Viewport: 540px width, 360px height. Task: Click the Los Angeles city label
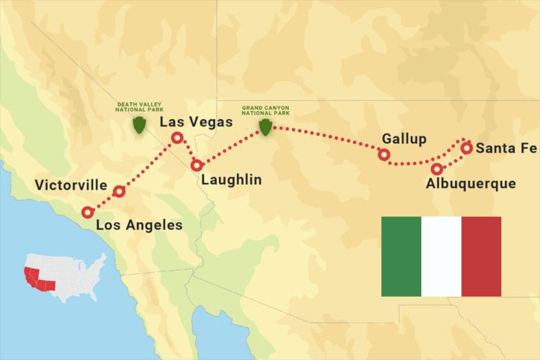point(139,225)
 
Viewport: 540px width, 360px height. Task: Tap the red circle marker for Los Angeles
point(87,212)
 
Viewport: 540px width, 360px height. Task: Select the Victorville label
point(71,185)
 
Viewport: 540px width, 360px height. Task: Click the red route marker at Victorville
point(118,192)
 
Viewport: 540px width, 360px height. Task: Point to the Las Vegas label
point(196,122)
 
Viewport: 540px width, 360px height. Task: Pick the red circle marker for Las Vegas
point(177,138)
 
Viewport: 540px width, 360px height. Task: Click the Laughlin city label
point(231,180)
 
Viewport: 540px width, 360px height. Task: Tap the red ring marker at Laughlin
point(196,165)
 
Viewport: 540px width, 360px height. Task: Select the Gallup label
point(404,139)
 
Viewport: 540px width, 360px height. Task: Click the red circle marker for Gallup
point(383,155)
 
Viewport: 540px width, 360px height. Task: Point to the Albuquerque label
point(471,184)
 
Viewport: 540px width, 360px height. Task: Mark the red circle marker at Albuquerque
point(436,169)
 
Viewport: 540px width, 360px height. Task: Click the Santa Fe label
point(506,148)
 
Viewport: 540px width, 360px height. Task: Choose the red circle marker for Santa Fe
point(467,148)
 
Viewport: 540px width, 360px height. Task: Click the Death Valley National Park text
point(139,107)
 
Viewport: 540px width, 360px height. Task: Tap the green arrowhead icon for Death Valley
point(139,125)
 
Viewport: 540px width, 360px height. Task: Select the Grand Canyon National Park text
point(265,110)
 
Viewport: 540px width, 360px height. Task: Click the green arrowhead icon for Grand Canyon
point(265,127)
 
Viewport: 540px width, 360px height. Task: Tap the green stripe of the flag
point(401,256)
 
